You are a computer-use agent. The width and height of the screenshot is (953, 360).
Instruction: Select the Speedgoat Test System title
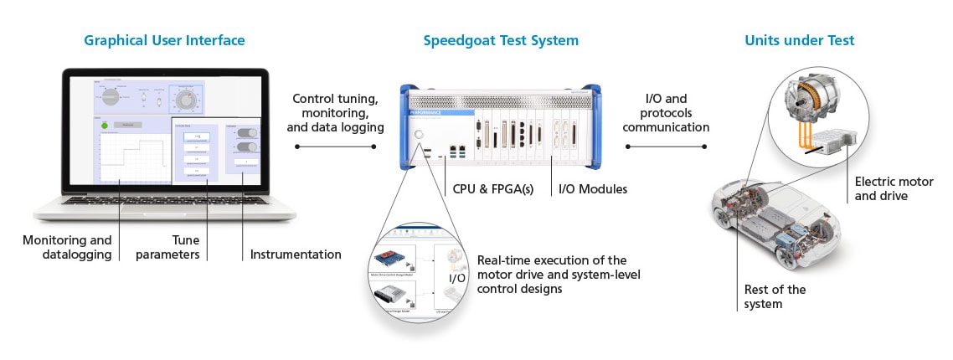pos(500,40)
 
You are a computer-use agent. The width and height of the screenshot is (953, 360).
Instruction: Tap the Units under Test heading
pos(799,40)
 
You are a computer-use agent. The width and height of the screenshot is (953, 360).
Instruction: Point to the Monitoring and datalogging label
pos(67,247)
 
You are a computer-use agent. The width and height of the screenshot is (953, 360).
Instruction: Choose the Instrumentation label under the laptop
pos(296,254)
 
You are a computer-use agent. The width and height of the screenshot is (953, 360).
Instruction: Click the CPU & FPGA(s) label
pos(493,189)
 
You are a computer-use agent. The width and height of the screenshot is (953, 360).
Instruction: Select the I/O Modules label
pos(593,189)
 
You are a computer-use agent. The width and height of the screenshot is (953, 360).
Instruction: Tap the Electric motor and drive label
pos(881,188)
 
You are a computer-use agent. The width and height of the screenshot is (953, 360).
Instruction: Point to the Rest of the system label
pos(775,296)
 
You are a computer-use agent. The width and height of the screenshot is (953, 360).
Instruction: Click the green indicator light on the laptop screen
pos(104,127)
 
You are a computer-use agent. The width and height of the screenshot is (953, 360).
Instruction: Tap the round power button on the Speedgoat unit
pos(419,134)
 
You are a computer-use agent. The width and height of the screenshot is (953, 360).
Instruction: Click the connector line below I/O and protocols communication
pos(666,147)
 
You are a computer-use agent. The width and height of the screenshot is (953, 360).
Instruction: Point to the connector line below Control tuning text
pos(336,147)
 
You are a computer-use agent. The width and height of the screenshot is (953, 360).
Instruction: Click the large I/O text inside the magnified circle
pos(456,277)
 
